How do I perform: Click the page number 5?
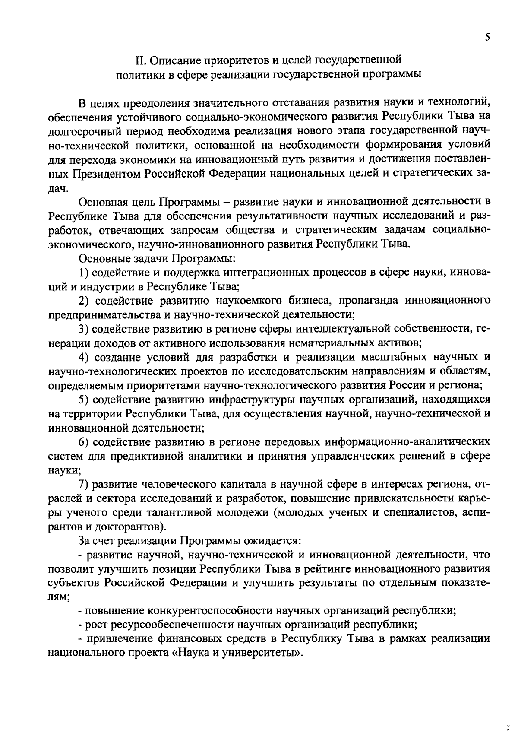pos(487,37)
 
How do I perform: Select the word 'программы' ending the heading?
pos(391,74)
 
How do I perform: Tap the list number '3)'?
pos(84,329)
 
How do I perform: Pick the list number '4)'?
pos(84,357)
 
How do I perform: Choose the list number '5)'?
pos(84,399)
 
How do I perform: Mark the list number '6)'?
pos(84,442)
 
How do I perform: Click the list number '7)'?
pos(84,484)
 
